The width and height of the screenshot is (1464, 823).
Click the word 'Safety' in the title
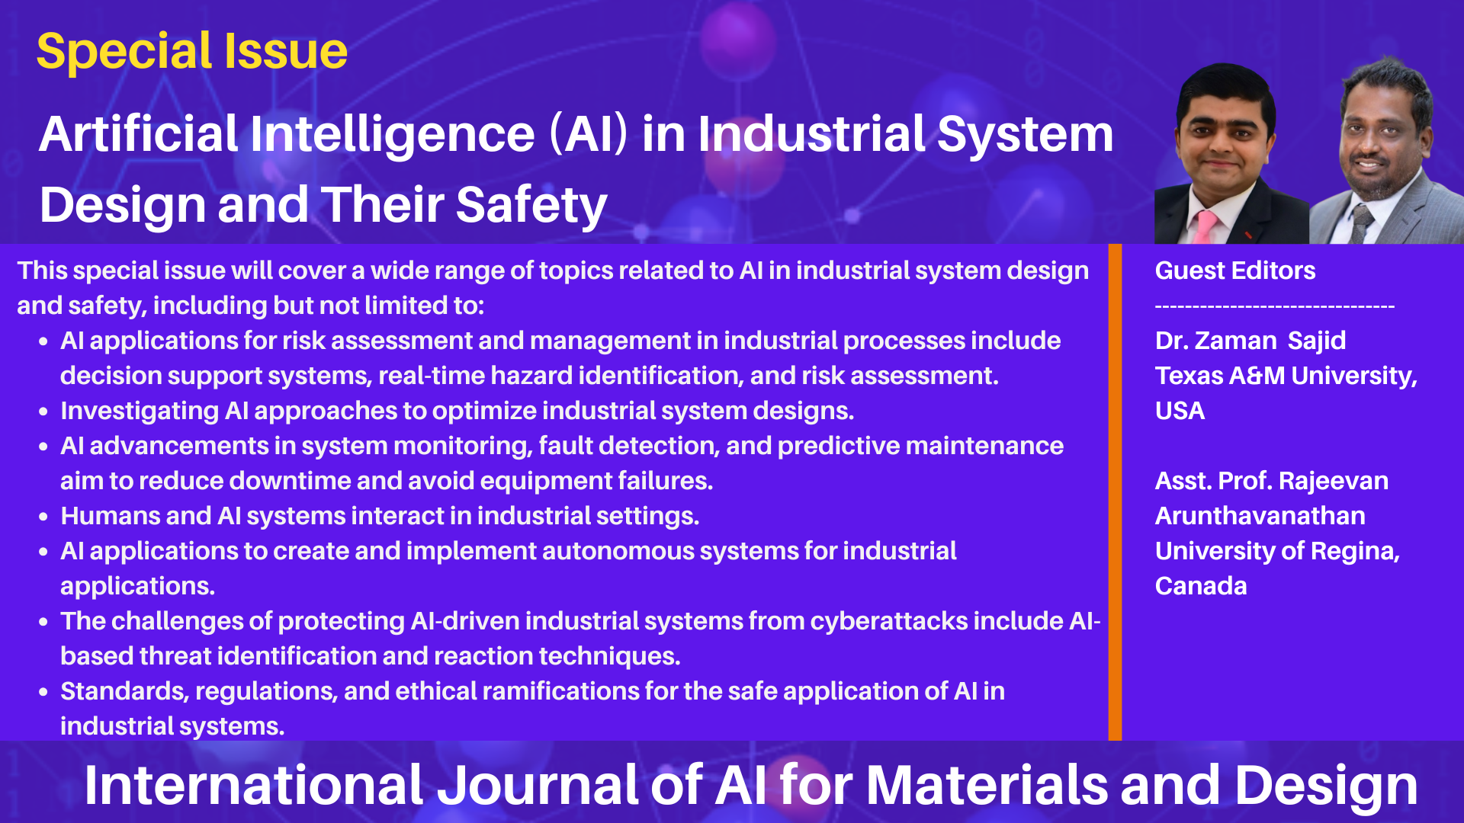click(531, 207)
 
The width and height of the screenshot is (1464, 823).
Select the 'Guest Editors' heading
click(1235, 271)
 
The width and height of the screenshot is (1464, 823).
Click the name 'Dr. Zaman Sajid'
click(1250, 341)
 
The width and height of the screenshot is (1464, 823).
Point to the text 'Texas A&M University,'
click(1286, 376)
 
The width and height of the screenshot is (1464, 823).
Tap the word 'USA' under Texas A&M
click(1180, 411)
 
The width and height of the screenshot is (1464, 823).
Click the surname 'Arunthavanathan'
click(1260, 516)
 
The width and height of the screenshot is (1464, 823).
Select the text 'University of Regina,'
click(1278, 551)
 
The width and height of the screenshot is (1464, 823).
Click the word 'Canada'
click(1201, 586)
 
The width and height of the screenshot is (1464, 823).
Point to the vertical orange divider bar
click(1115, 492)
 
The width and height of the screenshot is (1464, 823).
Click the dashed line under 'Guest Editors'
click(1275, 306)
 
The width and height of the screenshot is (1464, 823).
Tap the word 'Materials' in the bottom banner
click(987, 786)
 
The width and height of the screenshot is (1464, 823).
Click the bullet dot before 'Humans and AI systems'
click(43, 517)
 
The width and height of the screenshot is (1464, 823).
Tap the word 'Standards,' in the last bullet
click(124, 691)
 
